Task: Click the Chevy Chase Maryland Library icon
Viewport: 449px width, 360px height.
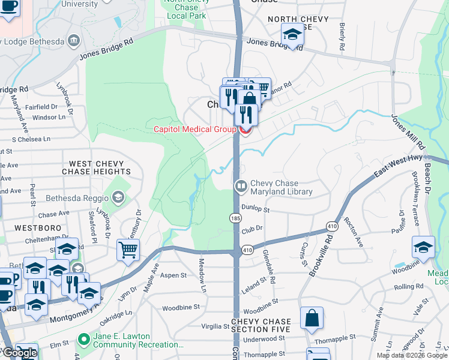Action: click(x=241, y=186)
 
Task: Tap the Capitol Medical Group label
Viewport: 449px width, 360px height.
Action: click(x=195, y=129)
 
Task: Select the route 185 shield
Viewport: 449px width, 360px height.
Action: click(x=235, y=218)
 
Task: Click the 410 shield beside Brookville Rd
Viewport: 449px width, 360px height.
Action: click(x=334, y=225)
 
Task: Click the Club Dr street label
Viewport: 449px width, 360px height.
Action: click(x=252, y=229)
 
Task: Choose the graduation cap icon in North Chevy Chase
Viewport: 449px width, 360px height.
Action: click(x=292, y=35)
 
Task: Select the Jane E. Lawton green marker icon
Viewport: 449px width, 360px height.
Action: click(x=83, y=340)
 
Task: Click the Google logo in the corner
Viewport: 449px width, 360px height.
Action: click(x=20, y=353)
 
